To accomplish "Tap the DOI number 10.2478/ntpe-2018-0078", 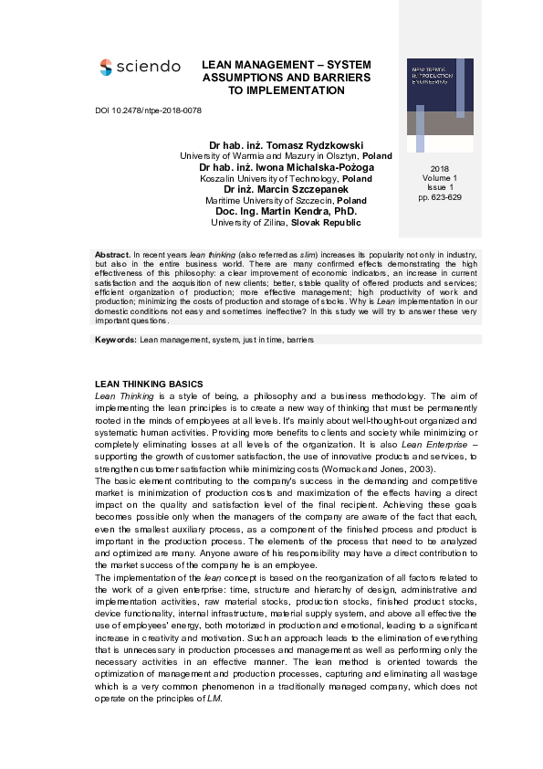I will click(148, 111).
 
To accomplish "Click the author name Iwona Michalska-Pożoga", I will click(313, 168).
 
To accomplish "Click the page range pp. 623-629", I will click(440, 197).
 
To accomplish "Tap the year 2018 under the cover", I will click(440, 170).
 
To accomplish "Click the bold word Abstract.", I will click(112, 253).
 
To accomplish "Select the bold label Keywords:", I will click(116, 339).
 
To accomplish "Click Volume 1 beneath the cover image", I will click(440, 179).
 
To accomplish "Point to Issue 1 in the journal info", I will click(440, 188).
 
